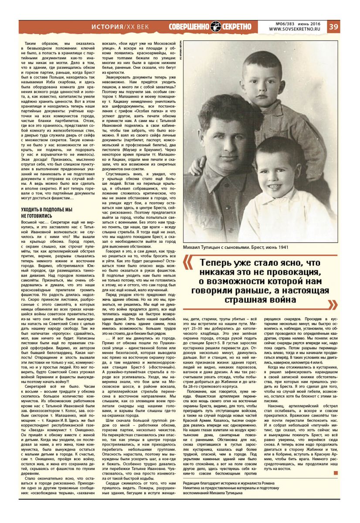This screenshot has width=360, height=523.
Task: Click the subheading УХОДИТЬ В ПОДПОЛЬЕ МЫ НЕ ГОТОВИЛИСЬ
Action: tap(47, 213)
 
